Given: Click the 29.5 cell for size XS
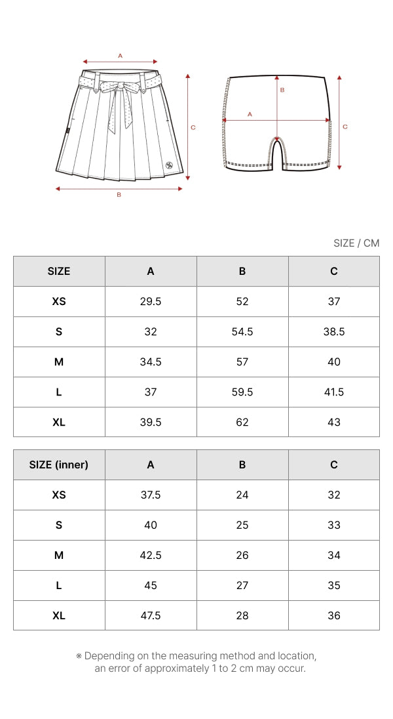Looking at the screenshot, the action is pos(150,301).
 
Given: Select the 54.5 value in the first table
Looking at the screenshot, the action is pos(242,331).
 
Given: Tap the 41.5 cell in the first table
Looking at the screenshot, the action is pos(333,392).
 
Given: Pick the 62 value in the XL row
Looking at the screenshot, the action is pos(242,422).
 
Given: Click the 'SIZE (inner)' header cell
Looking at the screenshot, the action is pos(59,464).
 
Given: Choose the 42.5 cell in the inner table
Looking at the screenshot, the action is pos(150,555).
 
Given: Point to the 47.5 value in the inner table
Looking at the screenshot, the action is pos(150,615).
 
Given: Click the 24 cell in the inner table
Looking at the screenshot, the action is pos(242,495).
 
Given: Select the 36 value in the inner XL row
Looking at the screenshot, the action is pos(333,615).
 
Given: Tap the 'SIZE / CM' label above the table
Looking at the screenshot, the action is pos(356,243).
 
